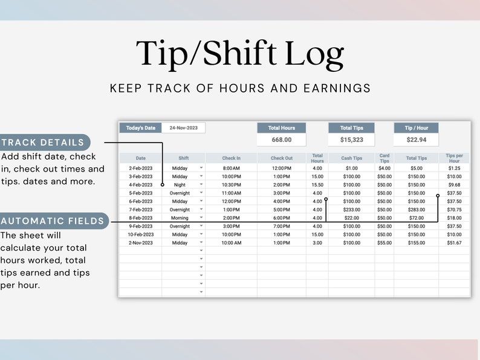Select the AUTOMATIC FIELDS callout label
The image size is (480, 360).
pos(53,221)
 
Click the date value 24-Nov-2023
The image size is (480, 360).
pos(184,128)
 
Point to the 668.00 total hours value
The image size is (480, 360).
pos(281,140)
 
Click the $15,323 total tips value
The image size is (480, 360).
pos(351,140)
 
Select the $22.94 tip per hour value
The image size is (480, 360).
pos(416,140)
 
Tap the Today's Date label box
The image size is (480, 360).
pos(141,128)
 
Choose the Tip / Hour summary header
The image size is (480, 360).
pos(416,128)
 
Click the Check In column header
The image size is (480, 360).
pos(231,158)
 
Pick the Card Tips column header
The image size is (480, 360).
pos(384,158)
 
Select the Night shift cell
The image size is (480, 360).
pos(180,185)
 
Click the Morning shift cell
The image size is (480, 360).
pos(180,218)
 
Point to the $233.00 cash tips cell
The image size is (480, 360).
pos(351,210)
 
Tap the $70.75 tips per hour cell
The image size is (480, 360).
pos(454,210)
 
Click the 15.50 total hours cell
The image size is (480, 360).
pos(317,185)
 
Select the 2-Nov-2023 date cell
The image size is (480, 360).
pos(140,243)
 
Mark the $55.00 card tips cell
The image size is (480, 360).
pos(384,243)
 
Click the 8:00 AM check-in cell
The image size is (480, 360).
pos(231,168)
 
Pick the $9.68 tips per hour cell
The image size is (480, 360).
pos(454,185)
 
